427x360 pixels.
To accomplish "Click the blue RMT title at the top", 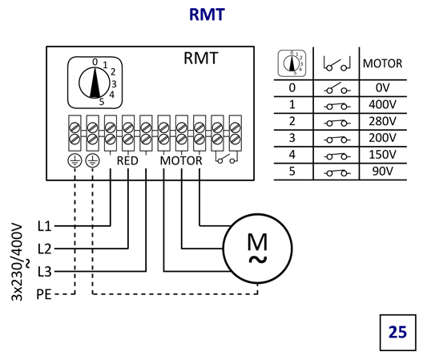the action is pyautogui.click(x=207, y=14).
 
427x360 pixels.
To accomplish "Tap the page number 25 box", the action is pyautogui.click(x=397, y=333).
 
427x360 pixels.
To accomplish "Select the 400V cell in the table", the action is pyautogui.click(x=383, y=104).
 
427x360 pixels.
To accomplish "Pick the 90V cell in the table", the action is pyautogui.click(x=383, y=171).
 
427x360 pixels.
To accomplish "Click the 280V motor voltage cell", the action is pyautogui.click(x=383, y=121).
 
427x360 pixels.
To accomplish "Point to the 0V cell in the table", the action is pyautogui.click(x=383, y=87).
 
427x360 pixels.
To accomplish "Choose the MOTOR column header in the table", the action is pyautogui.click(x=383, y=63).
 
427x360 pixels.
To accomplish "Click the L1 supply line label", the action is pyautogui.click(x=44, y=226).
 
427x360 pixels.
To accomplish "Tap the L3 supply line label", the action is pyautogui.click(x=44, y=272).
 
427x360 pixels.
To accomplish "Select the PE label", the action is pyautogui.click(x=44, y=294).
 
